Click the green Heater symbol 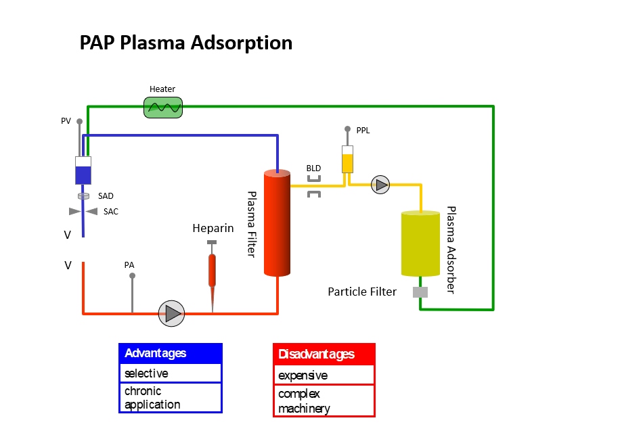coord(163,108)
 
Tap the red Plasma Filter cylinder coord(277,223)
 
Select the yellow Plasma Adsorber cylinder coord(420,244)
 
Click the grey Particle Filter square coord(420,292)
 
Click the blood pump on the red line coord(171,313)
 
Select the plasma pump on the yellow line coord(380,185)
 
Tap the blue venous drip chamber coord(83,170)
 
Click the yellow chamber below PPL coord(347,160)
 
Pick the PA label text coord(129,265)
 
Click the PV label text coord(66,121)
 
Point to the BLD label coord(313,168)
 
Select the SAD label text coord(106,196)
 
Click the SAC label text coord(111,212)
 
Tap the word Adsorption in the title coord(242,43)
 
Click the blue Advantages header coord(171,353)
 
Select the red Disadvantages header coord(324,354)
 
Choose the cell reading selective coord(171,373)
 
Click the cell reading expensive coord(324,375)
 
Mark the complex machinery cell coord(324,400)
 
